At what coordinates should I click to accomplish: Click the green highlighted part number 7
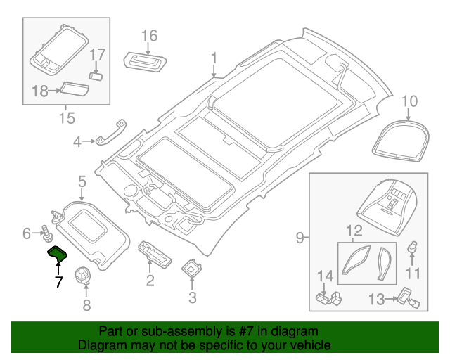coord(57,254)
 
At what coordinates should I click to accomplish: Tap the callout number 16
coord(149,36)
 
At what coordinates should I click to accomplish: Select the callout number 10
coord(409,103)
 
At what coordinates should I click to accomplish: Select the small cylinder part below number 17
coord(96,73)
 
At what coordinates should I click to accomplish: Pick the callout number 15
coord(66,117)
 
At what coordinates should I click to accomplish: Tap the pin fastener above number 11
coord(413,248)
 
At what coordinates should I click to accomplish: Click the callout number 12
coord(354,230)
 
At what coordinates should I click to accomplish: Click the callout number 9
coord(300,238)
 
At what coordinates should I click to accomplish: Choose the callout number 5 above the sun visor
coord(82,183)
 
